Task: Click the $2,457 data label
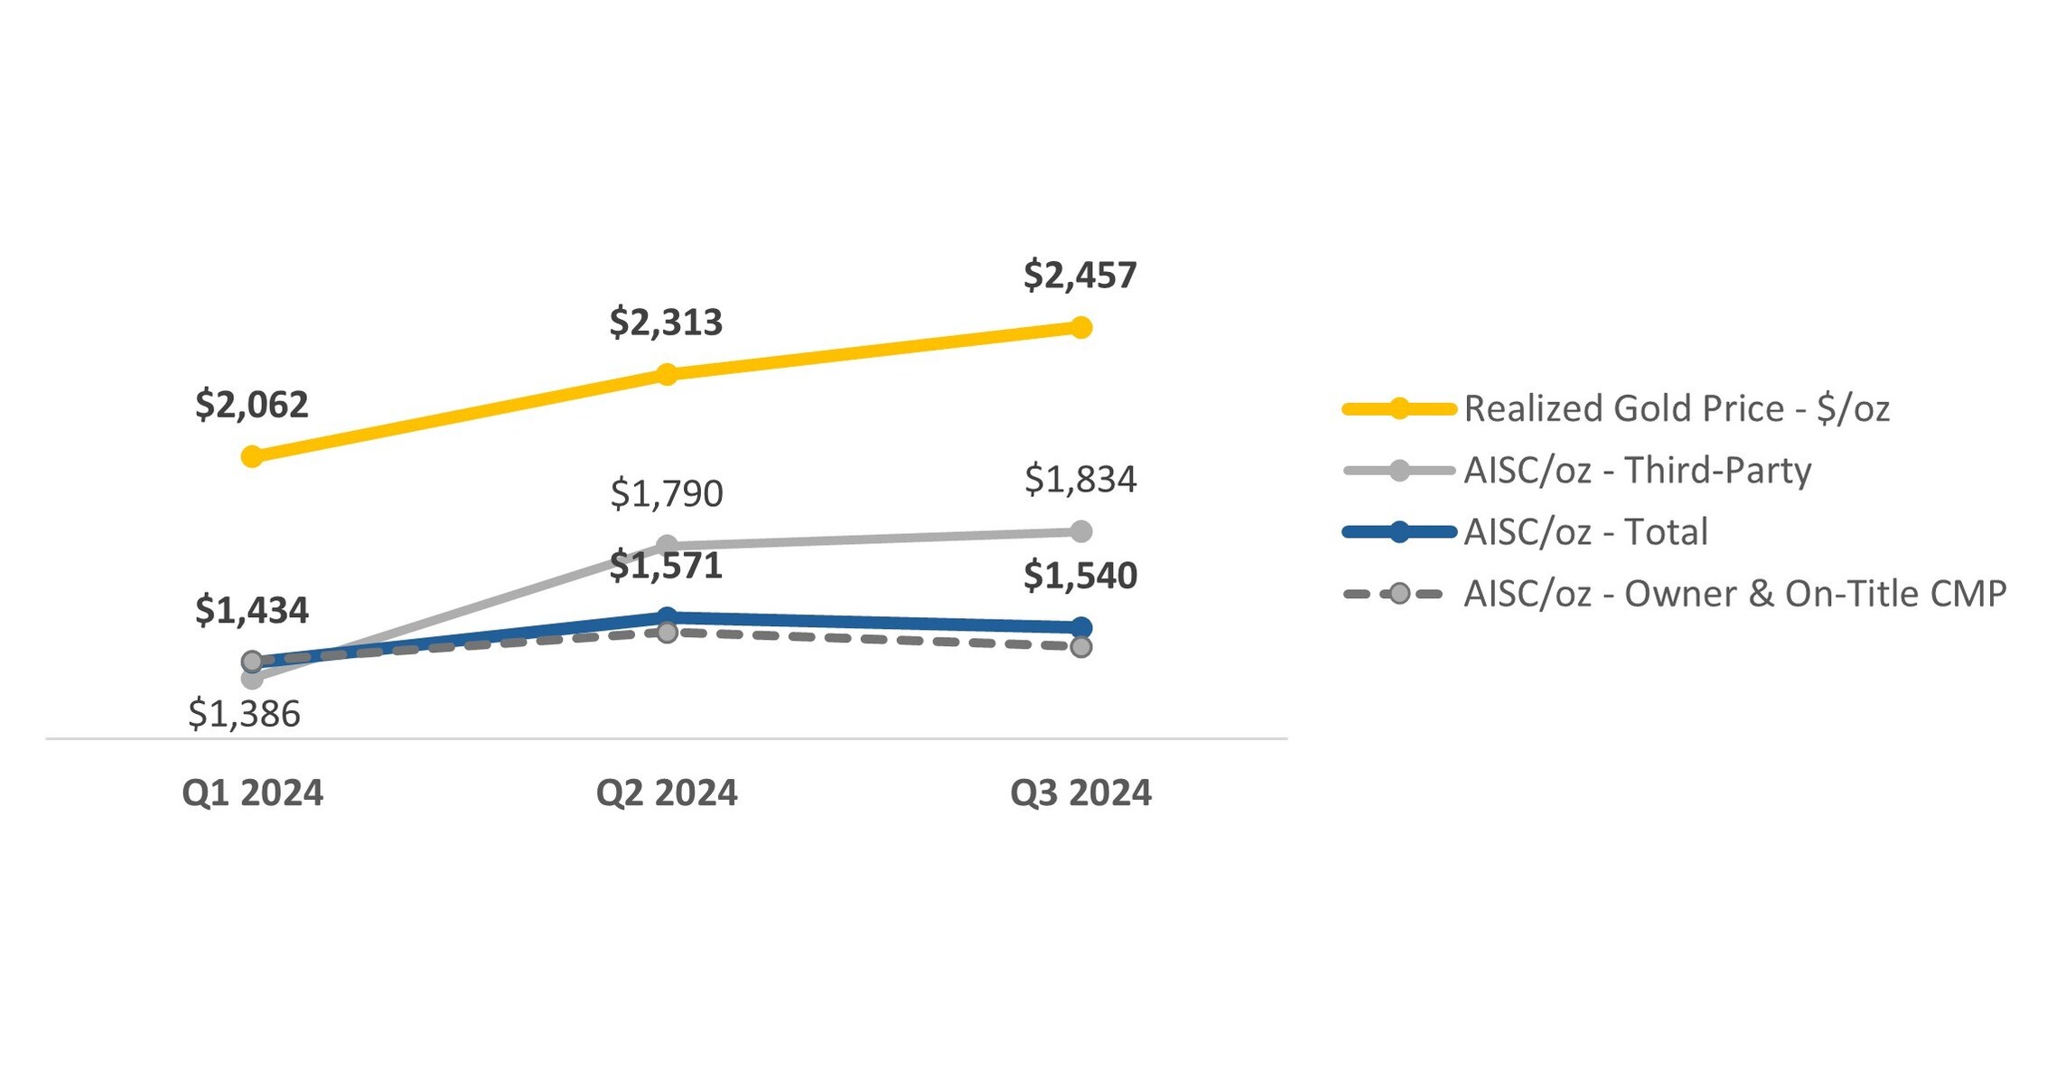1079,275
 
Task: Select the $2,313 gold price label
666,323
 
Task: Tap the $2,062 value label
252,405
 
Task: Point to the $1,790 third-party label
666,493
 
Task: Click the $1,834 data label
1079,479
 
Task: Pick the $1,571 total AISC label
666,566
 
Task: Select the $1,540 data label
1079,576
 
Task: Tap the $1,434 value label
252,611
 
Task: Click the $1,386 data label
244,714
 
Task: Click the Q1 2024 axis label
252,792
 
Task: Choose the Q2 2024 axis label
666,792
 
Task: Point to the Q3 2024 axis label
1079,792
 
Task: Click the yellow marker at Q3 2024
1080,327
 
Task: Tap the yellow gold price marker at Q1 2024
252,456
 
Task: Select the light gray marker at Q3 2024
1080,531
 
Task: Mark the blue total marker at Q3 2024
1080,627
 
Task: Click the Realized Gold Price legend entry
1676,408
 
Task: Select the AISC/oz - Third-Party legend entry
1637,470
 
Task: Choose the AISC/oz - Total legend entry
1585,531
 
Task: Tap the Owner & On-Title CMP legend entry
1734,594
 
